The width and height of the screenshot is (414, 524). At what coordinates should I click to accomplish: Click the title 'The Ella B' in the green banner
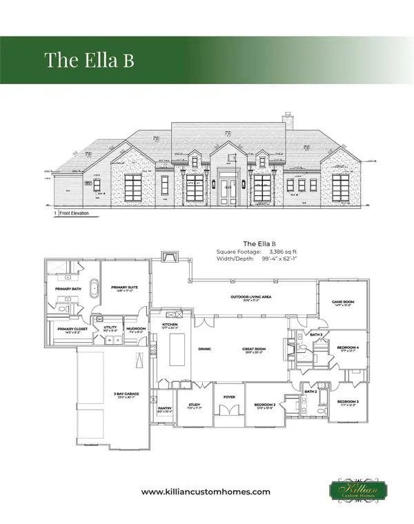tap(89, 59)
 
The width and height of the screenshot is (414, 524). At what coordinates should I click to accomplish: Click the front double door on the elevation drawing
tap(227, 192)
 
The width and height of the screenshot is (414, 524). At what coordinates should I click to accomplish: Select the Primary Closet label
tap(69, 329)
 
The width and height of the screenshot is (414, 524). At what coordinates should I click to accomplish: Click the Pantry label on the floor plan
tap(164, 408)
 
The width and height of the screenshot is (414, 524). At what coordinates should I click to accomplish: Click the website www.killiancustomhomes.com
tap(205, 492)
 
